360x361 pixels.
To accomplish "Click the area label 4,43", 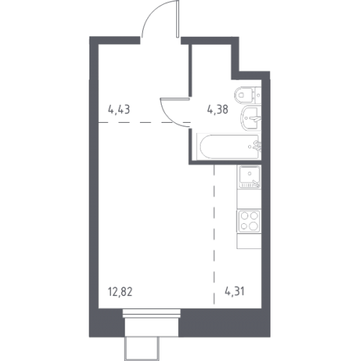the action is click(x=119, y=110).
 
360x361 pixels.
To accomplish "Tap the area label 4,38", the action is click(x=217, y=110).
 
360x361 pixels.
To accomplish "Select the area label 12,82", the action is click(x=120, y=292).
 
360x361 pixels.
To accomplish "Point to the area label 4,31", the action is click(x=234, y=292).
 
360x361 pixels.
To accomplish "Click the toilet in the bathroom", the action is click(x=248, y=95).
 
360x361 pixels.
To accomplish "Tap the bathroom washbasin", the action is click(x=251, y=118).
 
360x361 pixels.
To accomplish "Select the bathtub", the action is click(x=228, y=147).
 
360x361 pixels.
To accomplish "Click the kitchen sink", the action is click(x=249, y=177).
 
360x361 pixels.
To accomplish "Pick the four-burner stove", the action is click(x=249, y=221).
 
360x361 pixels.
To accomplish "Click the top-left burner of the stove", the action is click(x=245, y=216).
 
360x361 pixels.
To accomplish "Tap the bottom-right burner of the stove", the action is click(x=253, y=226).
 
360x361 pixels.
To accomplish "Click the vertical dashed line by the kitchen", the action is click(x=214, y=235).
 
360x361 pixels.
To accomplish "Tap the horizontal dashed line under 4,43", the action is click(x=144, y=123).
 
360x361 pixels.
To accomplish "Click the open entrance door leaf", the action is click(x=177, y=19).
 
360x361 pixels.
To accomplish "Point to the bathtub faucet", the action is click(x=257, y=147).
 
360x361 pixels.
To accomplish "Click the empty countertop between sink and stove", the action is click(x=249, y=199).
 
